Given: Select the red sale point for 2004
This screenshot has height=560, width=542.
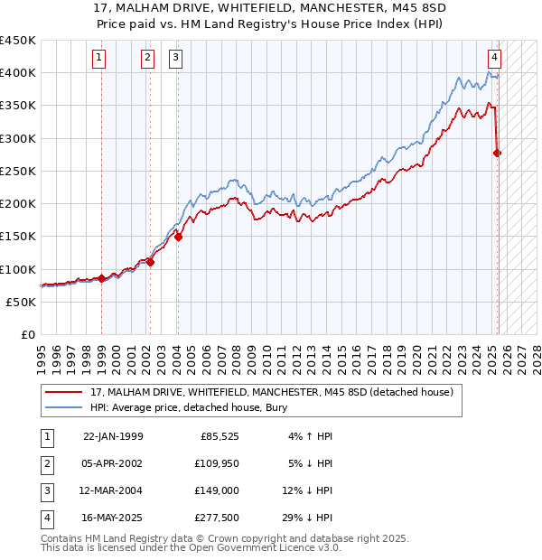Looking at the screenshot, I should [179, 238].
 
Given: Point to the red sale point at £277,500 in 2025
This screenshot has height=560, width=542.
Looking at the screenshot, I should [497, 153].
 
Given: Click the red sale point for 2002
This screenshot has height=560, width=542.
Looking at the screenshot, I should [150, 263].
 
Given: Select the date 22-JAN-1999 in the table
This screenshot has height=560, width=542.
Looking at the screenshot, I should [113, 437].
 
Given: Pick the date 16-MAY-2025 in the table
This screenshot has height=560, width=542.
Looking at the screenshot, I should [113, 518].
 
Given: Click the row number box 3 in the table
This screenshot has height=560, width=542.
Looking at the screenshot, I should [46, 490].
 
